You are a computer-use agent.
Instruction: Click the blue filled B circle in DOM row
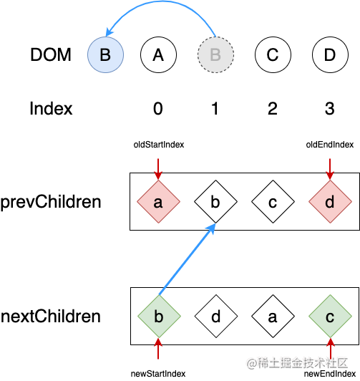[106, 54]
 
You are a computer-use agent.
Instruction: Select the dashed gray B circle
[216, 54]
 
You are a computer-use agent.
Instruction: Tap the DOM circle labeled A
[158, 54]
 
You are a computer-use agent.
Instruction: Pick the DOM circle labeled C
[273, 54]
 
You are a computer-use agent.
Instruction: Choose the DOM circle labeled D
[330, 54]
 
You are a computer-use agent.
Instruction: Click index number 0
[158, 108]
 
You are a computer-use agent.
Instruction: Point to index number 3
[330, 108]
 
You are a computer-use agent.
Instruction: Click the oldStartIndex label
[159, 145]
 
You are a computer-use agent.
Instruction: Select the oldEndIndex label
[330, 145]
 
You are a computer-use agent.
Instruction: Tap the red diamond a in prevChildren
[158, 201]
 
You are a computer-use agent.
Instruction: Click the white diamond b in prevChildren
[216, 201]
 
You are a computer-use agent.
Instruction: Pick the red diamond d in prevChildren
[330, 201]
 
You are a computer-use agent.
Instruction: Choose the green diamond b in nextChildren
[159, 316]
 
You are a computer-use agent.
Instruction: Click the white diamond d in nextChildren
[216, 316]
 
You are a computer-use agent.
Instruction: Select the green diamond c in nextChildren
[330, 316]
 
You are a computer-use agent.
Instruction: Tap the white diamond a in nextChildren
[273, 316]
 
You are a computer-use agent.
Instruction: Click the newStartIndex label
[158, 374]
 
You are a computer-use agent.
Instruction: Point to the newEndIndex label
[330, 374]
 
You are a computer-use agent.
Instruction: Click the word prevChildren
[51, 202]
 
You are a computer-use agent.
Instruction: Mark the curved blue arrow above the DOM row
[160, 2]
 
